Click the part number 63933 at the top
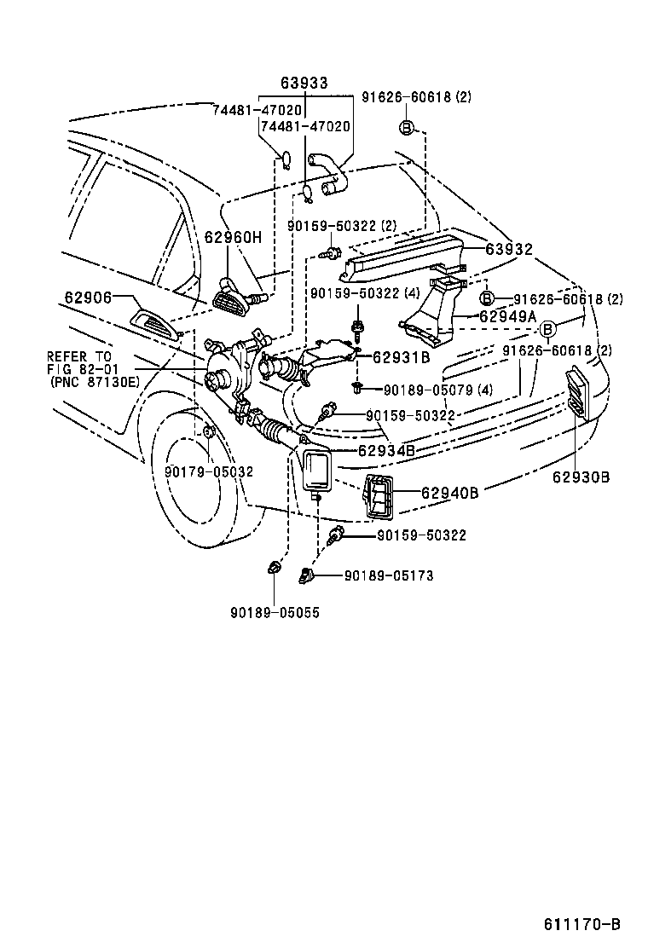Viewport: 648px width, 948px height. (304, 83)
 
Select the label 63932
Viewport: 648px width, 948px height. (509, 250)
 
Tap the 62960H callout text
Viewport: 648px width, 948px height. (232, 237)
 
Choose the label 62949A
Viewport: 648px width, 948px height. (507, 316)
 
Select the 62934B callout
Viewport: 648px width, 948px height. (386, 450)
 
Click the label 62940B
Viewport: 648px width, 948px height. (449, 492)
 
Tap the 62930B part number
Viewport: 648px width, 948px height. (581, 477)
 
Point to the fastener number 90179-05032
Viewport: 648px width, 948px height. (208, 471)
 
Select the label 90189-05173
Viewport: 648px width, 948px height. (389, 576)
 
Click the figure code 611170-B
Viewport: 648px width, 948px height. (582, 924)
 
